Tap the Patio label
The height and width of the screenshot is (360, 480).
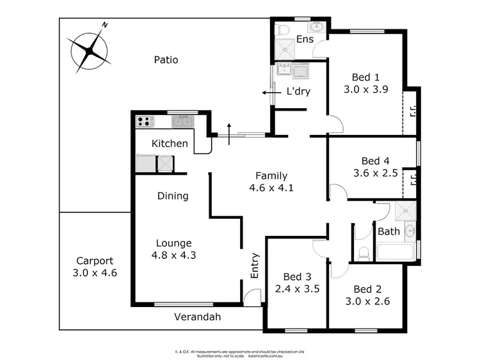[166, 60]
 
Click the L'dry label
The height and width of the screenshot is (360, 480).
[298, 91]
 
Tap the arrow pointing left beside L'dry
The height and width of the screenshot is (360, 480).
[271, 93]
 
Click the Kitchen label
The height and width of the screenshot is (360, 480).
[170, 143]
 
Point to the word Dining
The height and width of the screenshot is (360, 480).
[173, 196]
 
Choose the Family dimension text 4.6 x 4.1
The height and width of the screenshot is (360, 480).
[271, 188]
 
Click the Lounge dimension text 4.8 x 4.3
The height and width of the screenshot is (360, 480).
[173, 255]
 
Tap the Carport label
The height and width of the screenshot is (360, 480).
[95, 261]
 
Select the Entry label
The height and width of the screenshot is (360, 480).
[255, 267]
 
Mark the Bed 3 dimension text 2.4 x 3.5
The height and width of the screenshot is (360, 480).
[298, 288]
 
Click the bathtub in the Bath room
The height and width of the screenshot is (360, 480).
[396, 251]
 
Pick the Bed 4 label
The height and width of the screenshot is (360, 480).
[376, 160]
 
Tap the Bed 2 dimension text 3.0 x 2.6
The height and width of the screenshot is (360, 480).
[367, 301]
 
